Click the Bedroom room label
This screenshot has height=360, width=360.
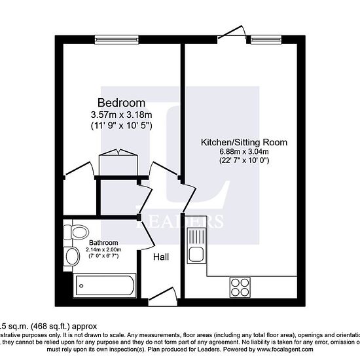[120, 103]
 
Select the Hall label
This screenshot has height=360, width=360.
[160, 257]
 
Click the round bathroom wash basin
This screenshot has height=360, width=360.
[69, 255]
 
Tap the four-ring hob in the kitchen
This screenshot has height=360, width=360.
[240, 287]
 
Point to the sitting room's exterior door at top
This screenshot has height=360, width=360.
[230, 31]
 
